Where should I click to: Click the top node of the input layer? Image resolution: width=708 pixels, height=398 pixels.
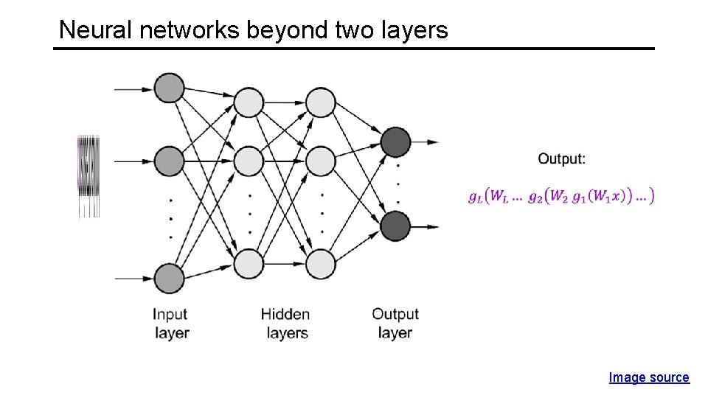pos(169,88)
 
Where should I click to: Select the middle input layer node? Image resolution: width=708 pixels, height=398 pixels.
pos(169,161)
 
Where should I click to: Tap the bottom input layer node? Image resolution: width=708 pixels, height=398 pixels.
pos(169,279)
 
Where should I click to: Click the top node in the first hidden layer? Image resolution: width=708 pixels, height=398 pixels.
pos(249,102)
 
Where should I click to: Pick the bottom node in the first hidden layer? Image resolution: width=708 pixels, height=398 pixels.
pos(249,263)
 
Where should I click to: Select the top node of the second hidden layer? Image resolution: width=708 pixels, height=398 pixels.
pos(321,102)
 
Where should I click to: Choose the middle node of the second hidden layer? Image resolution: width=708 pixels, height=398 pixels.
pos(321,160)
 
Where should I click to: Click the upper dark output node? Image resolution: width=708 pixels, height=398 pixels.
pos(396,142)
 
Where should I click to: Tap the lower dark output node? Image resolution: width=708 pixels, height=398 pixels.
pos(396,226)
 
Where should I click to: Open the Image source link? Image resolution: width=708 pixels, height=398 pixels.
pos(648,377)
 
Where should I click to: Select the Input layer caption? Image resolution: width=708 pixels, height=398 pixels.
pos(171,324)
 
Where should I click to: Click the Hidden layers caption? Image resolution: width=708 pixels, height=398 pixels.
pos(286,324)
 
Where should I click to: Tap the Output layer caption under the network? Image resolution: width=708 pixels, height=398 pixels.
pos(395,324)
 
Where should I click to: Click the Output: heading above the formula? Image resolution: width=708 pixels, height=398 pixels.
pos(562,158)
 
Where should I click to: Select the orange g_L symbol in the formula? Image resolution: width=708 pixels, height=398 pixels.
pos(476,196)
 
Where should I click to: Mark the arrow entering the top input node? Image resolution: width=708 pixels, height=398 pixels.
pos(133,89)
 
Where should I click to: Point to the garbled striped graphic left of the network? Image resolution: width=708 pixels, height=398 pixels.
pos(88,175)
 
